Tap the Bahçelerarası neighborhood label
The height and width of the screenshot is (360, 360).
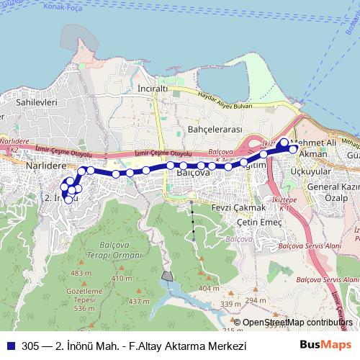(x=212, y=129)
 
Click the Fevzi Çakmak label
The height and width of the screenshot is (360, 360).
(x=220, y=207)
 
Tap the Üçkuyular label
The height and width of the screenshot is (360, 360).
(x=312, y=172)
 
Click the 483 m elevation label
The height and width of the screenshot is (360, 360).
(x=81, y=274)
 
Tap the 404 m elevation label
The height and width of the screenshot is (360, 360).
(x=210, y=288)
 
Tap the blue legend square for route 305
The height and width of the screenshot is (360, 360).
(x=10, y=346)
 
